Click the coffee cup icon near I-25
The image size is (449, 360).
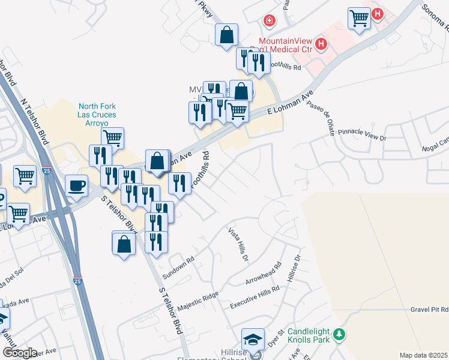[76, 185]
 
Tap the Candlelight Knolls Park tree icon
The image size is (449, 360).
[340, 334]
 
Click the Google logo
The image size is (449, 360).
[19, 353]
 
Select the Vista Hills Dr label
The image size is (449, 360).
[238, 244]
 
